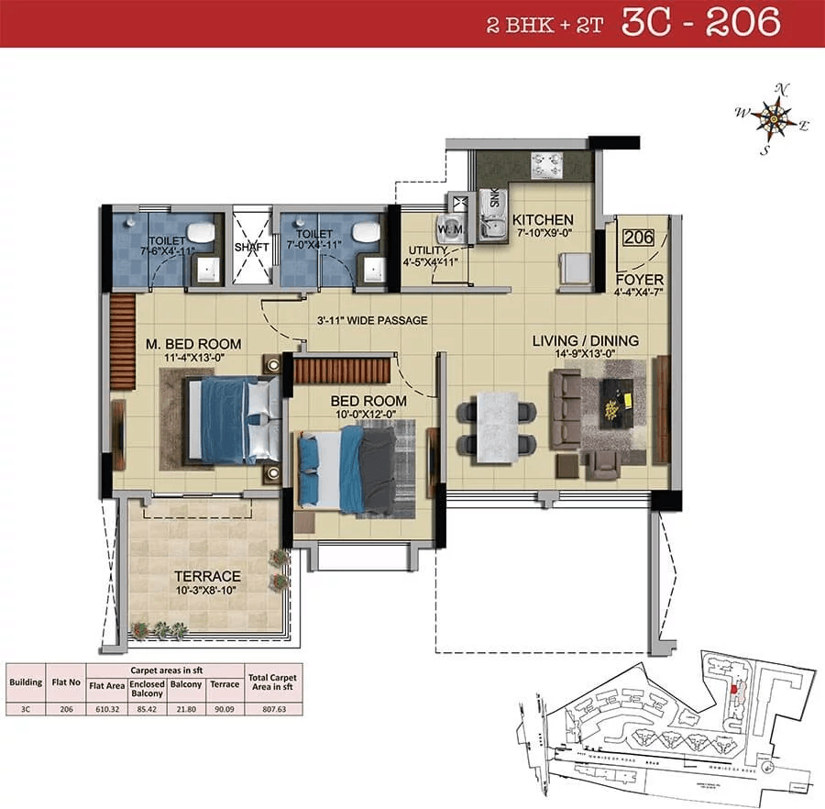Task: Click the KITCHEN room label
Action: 543,220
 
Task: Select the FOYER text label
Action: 640,279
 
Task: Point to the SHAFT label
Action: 249,248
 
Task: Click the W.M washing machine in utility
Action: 455,226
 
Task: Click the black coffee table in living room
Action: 618,400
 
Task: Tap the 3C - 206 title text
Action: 701,23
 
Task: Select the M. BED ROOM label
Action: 194,344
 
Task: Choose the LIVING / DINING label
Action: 585,341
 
